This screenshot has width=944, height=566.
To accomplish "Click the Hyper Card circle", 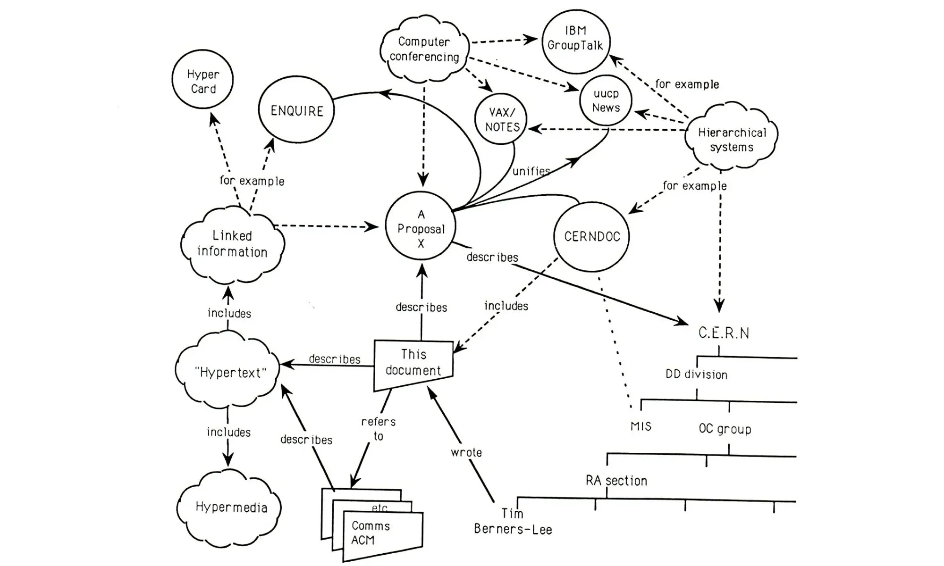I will click(x=203, y=80).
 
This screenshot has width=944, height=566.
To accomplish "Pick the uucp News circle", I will click(x=606, y=100).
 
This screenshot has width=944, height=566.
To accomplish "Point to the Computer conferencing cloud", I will click(x=424, y=49).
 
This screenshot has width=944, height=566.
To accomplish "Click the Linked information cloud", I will click(x=232, y=244).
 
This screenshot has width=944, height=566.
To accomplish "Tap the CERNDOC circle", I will click(x=592, y=236).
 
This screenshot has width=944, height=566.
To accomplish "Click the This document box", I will click(x=413, y=363).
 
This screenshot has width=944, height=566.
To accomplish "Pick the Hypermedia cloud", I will click(x=231, y=508).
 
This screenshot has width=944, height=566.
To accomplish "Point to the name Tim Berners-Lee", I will click(x=513, y=522).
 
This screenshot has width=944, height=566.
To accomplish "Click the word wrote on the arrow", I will click(x=466, y=452).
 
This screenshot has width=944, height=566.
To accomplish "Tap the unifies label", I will click(x=531, y=171).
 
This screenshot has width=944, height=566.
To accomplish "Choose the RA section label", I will click(x=616, y=481).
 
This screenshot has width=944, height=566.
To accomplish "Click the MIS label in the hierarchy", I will click(x=641, y=426).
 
